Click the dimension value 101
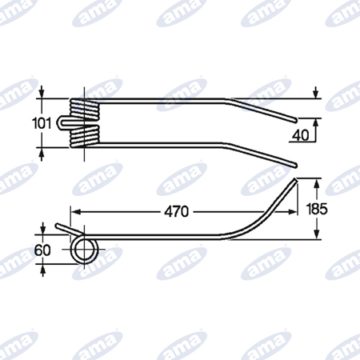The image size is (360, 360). [x=42, y=123]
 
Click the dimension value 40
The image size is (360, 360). [x=301, y=135]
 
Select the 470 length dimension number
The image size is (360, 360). [x=177, y=212]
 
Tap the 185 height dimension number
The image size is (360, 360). [x=317, y=209]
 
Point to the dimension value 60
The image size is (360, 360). [x=42, y=250]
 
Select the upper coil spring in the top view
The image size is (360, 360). [x=85, y=109]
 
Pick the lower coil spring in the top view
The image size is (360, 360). [x=85, y=136]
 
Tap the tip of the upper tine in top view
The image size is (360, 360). [x=295, y=120]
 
